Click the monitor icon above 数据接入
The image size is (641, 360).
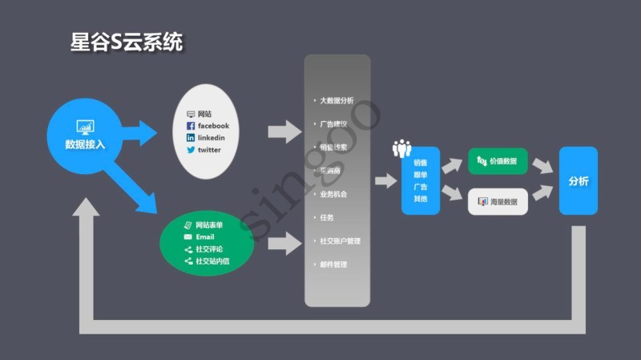coord(85,127)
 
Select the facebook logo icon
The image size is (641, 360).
coord(191,126)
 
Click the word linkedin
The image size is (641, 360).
coord(211,138)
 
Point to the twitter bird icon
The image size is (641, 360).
coord(191,150)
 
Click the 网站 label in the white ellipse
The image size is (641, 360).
coord(205,115)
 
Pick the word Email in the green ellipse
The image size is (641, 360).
coord(205,237)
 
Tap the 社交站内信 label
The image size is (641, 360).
coord(212,261)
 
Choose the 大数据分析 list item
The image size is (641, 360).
coord(337,100)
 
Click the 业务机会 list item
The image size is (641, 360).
coord(333,194)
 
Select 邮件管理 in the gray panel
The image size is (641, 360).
coord(333,264)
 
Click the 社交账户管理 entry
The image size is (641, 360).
coord(340,241)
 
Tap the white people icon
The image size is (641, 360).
coord(401,148)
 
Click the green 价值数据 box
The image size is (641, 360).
coord(498,161)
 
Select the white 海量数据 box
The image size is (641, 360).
coord(498,201)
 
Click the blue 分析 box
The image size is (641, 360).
coord(579,181)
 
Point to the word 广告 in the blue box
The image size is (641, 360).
coord(421,186)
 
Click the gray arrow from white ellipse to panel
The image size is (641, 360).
coord(284,130)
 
